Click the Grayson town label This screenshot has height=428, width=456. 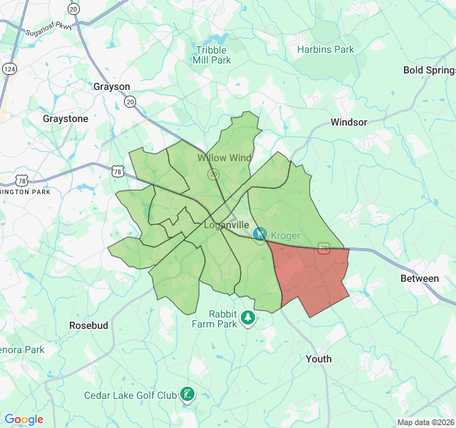112,86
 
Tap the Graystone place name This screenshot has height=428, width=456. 66,118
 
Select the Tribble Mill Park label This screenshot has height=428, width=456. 212,55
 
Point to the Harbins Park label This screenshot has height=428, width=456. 326,50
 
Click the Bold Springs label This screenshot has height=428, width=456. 429,70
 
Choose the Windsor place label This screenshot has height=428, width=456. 348,122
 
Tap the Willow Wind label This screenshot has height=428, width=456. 224,158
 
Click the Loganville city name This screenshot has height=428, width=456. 226,224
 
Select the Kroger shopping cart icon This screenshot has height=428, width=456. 260,233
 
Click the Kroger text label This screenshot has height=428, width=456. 285,235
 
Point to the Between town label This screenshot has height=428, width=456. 420,278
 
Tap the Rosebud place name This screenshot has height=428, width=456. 88,325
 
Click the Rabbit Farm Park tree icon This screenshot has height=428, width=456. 247,317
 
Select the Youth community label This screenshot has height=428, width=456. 318,359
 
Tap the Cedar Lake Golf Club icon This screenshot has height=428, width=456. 187,394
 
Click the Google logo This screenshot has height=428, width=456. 24,419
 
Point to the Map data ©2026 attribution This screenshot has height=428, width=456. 424,422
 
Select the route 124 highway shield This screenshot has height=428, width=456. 9,68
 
